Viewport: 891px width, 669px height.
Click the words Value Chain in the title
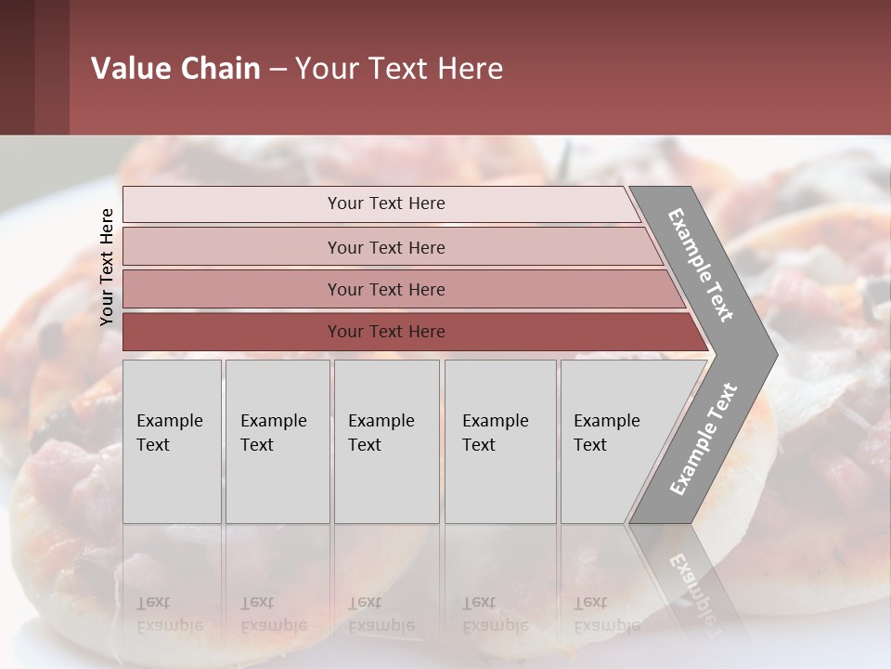(175, 69)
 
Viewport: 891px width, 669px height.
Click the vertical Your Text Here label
(107, 267)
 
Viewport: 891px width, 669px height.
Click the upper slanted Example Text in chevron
(701, 265)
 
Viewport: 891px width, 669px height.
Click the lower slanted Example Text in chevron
(704, 439)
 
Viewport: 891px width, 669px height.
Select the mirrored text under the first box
(169, 615)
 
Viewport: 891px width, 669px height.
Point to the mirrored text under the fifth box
(606, 615)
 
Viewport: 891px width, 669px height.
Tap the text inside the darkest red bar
(386, 332)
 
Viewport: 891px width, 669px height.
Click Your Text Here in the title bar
(399, 69)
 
